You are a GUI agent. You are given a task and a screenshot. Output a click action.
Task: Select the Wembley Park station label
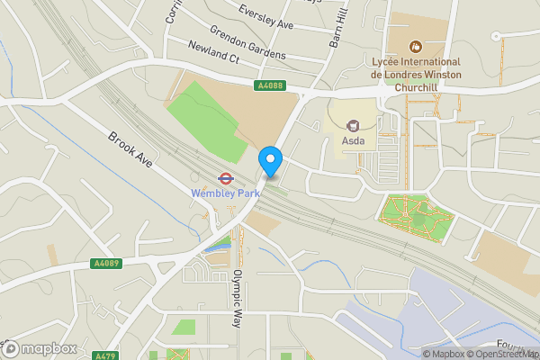pyautogui.click(x=225, y=193)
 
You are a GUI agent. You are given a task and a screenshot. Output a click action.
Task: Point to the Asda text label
pyautogui.click(x=353, y=141)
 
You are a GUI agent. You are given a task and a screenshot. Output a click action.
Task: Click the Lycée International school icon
pyautogui.click(x=416, y=45)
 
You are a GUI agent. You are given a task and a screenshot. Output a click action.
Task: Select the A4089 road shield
pyautogui.click(x=104, y=264)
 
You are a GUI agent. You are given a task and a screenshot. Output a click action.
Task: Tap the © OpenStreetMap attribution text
pyautogui.click(x=501, y=354)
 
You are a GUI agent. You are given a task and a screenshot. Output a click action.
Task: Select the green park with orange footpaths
pyautogui.click(x=415, y=217)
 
